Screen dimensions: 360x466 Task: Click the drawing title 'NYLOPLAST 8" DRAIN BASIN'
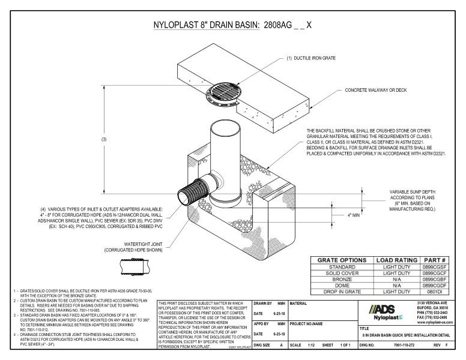[204, 26]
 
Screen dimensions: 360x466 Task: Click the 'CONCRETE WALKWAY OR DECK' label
[375, 91]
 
